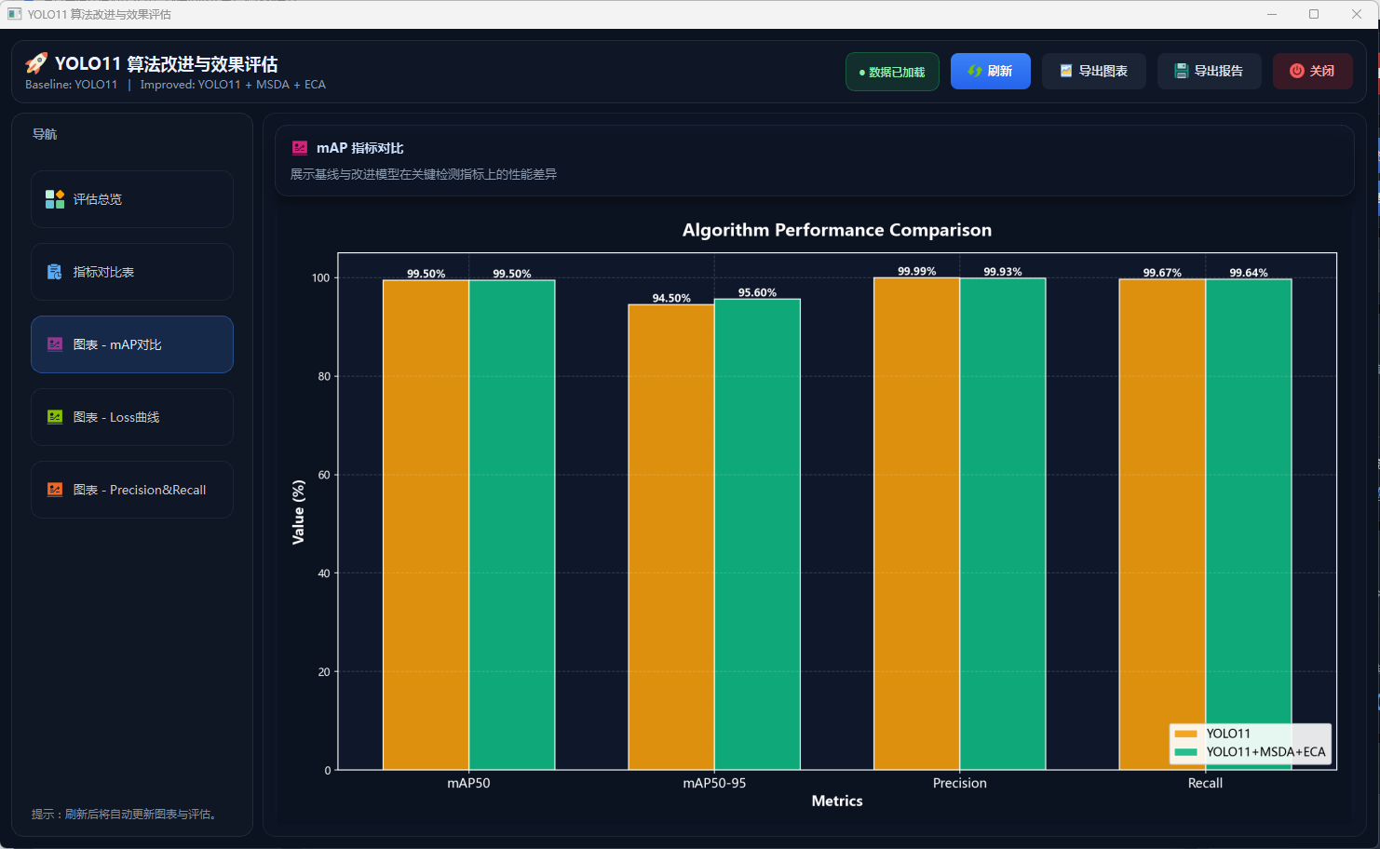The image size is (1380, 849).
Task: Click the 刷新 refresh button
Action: click(990, 72)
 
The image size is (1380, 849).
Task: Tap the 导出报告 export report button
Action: click(1209, 72)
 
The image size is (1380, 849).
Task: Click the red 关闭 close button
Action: click(1312, 72)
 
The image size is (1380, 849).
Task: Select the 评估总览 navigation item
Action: click(132, 199)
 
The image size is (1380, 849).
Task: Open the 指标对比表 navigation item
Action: click(132, 272)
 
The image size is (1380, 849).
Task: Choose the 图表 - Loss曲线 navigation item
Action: click(132, 417)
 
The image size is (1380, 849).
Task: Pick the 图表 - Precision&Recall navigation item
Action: click(132, 490)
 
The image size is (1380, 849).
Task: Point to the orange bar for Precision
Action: click(916, 521)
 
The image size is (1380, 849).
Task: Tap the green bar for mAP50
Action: click(511, 521)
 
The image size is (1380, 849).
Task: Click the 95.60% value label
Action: click(757, 292)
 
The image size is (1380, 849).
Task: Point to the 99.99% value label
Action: click(916, 272)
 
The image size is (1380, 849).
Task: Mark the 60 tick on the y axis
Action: click(324, 475)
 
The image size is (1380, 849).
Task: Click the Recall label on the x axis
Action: click(1205, 783)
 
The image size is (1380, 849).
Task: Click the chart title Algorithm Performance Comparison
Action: click(836, 230)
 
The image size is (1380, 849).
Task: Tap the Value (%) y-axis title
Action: click(298, 512)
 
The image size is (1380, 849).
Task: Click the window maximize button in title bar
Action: click(1314, 14)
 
